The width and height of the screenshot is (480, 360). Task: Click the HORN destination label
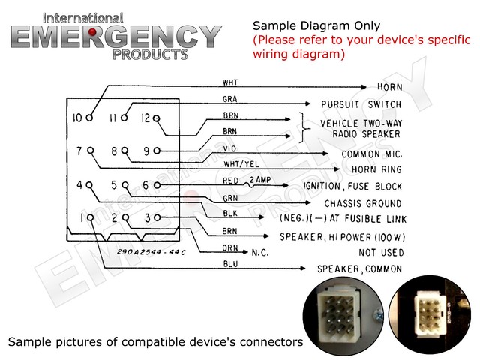(386, 87)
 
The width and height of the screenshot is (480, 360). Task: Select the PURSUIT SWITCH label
(361, 104)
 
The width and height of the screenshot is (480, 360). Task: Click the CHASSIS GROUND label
(363, 203)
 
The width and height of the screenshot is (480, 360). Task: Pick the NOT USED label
(381, 253)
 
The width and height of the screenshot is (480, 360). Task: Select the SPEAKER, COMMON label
(359, 268)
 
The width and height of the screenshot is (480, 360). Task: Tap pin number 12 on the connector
(145, 118)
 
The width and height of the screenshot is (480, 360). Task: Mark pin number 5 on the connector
(114, 184)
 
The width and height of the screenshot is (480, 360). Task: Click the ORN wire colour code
(231, 248)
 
